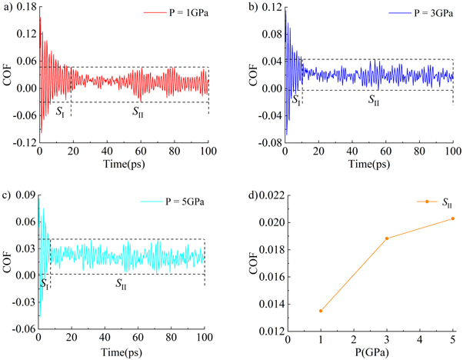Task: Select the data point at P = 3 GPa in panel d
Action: coord(387,238)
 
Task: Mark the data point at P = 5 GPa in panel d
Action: coord(453,218)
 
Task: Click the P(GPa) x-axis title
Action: coord(370,352)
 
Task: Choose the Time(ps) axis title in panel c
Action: coord(122,352)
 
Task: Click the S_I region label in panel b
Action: coord(295,101)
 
